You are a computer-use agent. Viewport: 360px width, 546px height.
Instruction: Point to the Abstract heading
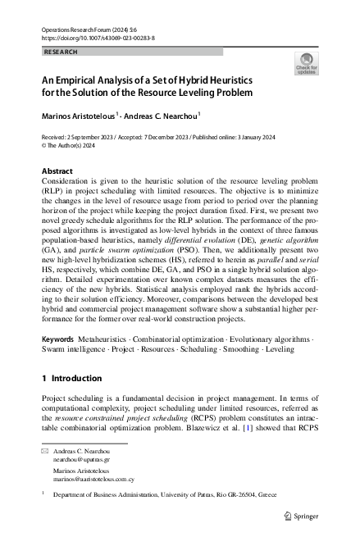pos(57,171)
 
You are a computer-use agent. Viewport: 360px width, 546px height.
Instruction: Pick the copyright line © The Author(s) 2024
pos(74,147)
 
